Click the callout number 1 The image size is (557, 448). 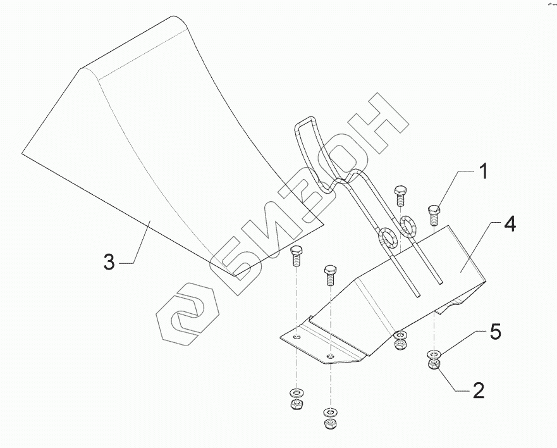[482, 171]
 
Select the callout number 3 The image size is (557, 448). [109, 261]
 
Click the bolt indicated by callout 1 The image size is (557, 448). [434, 213]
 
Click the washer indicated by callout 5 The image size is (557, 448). [434, 352]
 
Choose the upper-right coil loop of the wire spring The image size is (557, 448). [407, 225]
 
